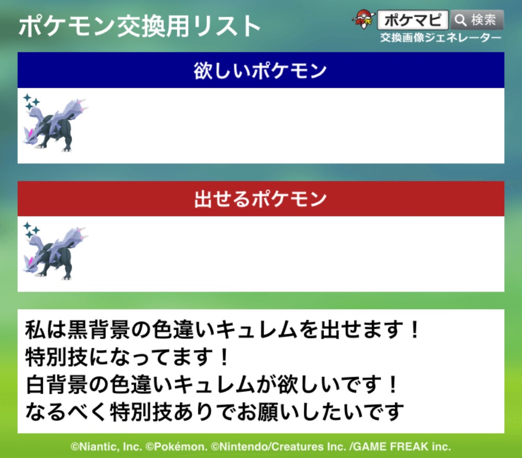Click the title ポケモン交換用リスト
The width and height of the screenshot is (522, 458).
[x=139, y=26]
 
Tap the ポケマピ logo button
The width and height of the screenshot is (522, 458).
[x=413, y=20]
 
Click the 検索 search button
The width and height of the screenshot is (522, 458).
[x=477, y=20]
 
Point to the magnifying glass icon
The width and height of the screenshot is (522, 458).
[x=460, y=20]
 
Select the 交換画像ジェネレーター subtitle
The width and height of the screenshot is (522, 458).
[x=441, y=38]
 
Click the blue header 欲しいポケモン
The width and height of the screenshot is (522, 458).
[x=260, y=70]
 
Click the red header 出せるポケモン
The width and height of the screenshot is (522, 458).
[x=260, y=199]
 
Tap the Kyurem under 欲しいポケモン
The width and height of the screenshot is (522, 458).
[x=55, y=125]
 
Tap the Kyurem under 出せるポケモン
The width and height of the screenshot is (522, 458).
[x=55, y=254]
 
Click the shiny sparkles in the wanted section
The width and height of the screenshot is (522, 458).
[x=31, y=101]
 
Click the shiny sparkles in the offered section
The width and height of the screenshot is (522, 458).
[x=31, y=230]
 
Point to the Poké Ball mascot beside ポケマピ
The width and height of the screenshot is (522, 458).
[x=363, y=19]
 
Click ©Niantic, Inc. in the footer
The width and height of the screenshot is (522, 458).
[x=106, y=447]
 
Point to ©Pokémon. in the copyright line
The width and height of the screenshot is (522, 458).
[x=176, y=447]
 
